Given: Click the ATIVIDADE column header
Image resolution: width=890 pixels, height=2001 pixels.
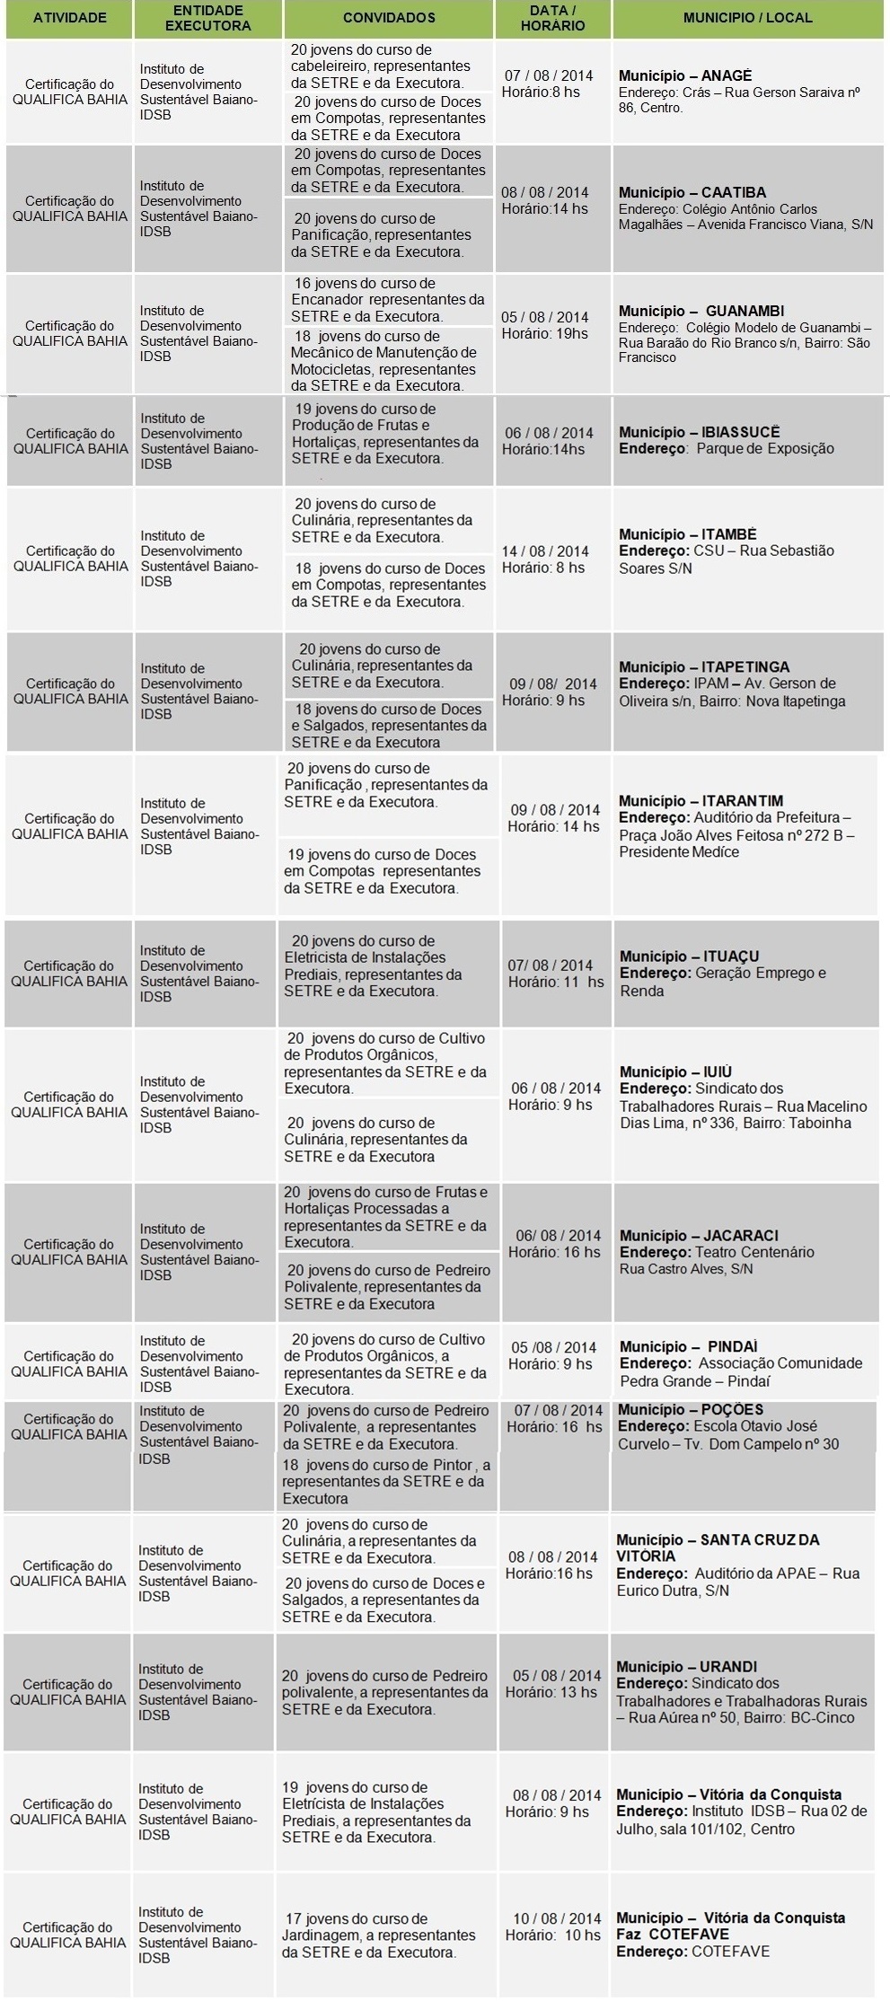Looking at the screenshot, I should (69, 18).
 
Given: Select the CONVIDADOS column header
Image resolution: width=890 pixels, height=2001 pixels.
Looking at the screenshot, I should (389, 18).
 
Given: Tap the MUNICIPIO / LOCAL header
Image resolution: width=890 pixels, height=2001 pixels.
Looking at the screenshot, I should (747, 18).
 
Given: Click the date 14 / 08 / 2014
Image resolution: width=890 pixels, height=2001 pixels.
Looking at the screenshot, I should (545, 551).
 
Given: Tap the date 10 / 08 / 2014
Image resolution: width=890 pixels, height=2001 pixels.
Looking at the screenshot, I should (557, 1918).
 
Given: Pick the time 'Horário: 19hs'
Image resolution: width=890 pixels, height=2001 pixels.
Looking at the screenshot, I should (545, 333).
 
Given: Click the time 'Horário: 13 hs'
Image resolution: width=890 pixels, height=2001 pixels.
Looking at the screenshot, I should (551, 1692).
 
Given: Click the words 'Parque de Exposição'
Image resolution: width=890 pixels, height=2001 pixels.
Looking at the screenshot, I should (765, 448).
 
